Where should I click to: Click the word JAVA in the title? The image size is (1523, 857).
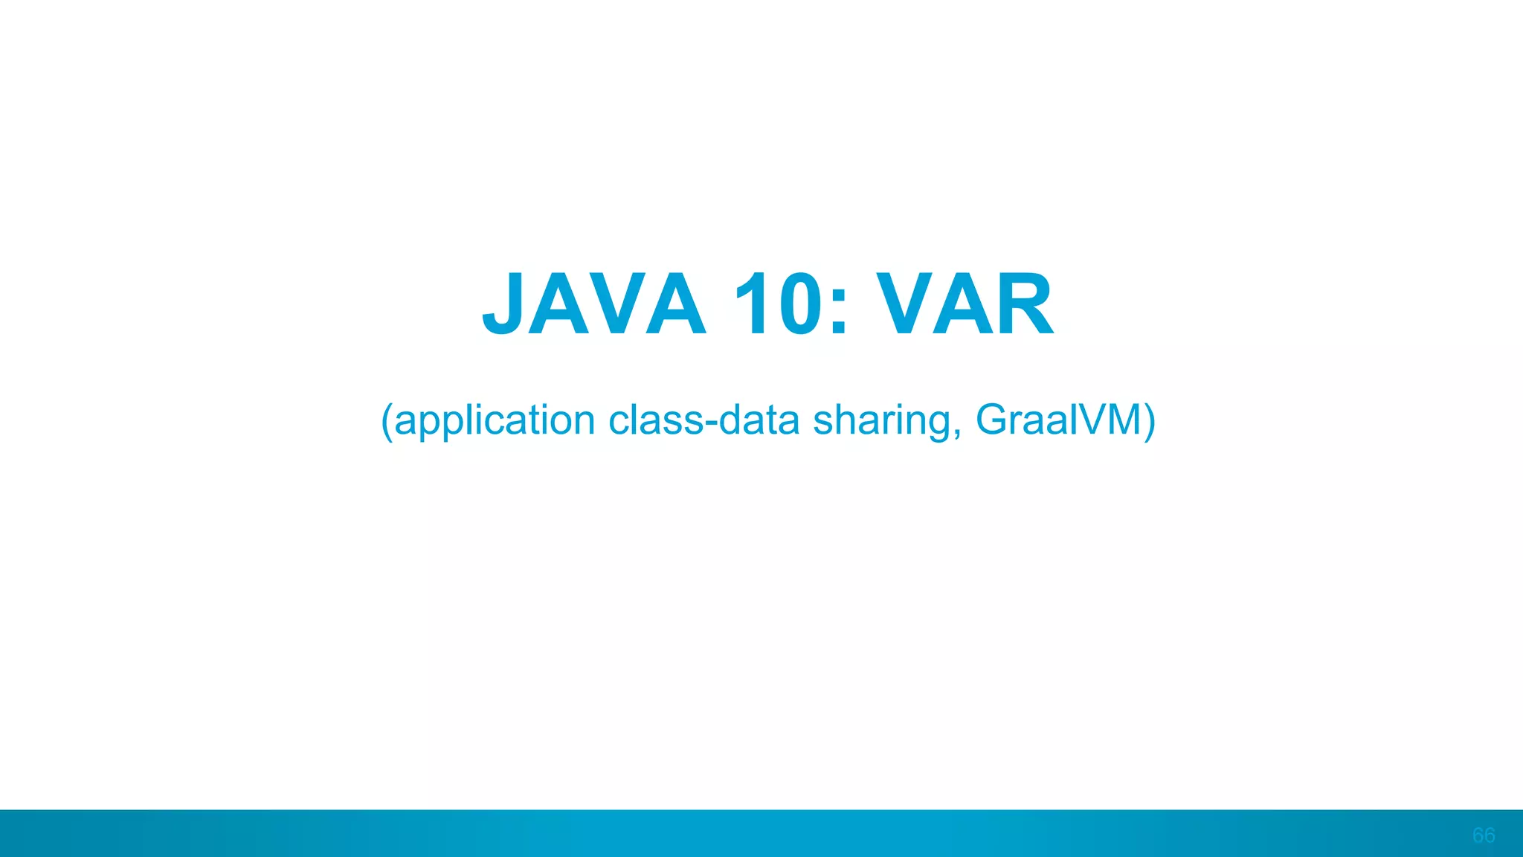tap(593, 304)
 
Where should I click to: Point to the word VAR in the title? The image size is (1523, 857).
tap(965, 304)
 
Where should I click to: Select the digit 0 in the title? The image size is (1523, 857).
tap(799, 304)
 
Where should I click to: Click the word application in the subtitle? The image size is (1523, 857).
tap(495, 421)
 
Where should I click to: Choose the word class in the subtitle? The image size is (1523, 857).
tap(655, 420)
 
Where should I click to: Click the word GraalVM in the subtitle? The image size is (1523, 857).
tap(1058, 420)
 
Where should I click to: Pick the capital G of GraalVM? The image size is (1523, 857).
tap(991, 420)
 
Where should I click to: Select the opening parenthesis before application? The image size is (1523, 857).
tap(386, 421)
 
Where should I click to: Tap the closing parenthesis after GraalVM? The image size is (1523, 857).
tap(1150, 421)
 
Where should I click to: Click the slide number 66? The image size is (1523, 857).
tap(1483, 835)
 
